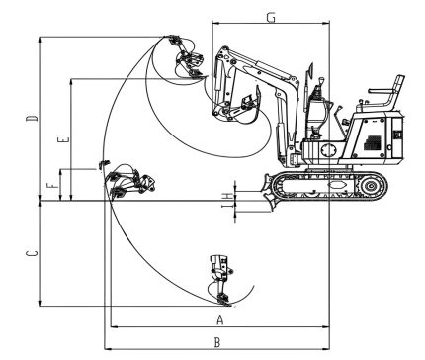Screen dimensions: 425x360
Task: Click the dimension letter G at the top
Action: [271, 18]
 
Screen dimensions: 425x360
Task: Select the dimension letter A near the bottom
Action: [220, 319]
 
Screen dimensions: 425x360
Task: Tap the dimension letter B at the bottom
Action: [217, 342]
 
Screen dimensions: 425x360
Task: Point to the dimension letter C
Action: [32, 253]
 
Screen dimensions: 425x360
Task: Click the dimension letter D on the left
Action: [32, 118]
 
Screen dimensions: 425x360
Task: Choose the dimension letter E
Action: [63, 139]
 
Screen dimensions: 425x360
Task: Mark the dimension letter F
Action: [52, 186]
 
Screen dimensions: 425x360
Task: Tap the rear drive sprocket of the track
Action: [371, 186]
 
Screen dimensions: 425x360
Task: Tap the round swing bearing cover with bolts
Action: [329, 150]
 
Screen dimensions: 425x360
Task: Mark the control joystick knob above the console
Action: [321, 80]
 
